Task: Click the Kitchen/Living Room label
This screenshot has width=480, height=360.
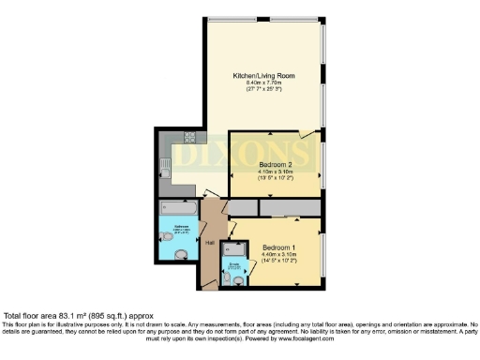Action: pos(264,75)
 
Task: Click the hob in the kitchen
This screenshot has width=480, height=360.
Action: pos(175,137)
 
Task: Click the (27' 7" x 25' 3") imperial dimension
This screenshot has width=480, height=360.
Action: pos(264,91)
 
